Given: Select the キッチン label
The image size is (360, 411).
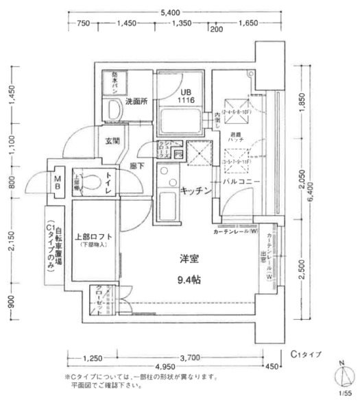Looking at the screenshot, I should pos(195,192).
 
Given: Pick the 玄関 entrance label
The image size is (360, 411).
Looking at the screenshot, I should pos(113,142).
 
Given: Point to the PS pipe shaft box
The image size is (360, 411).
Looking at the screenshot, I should pos(178,155).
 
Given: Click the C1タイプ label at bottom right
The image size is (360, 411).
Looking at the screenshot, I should pos(305,353).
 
